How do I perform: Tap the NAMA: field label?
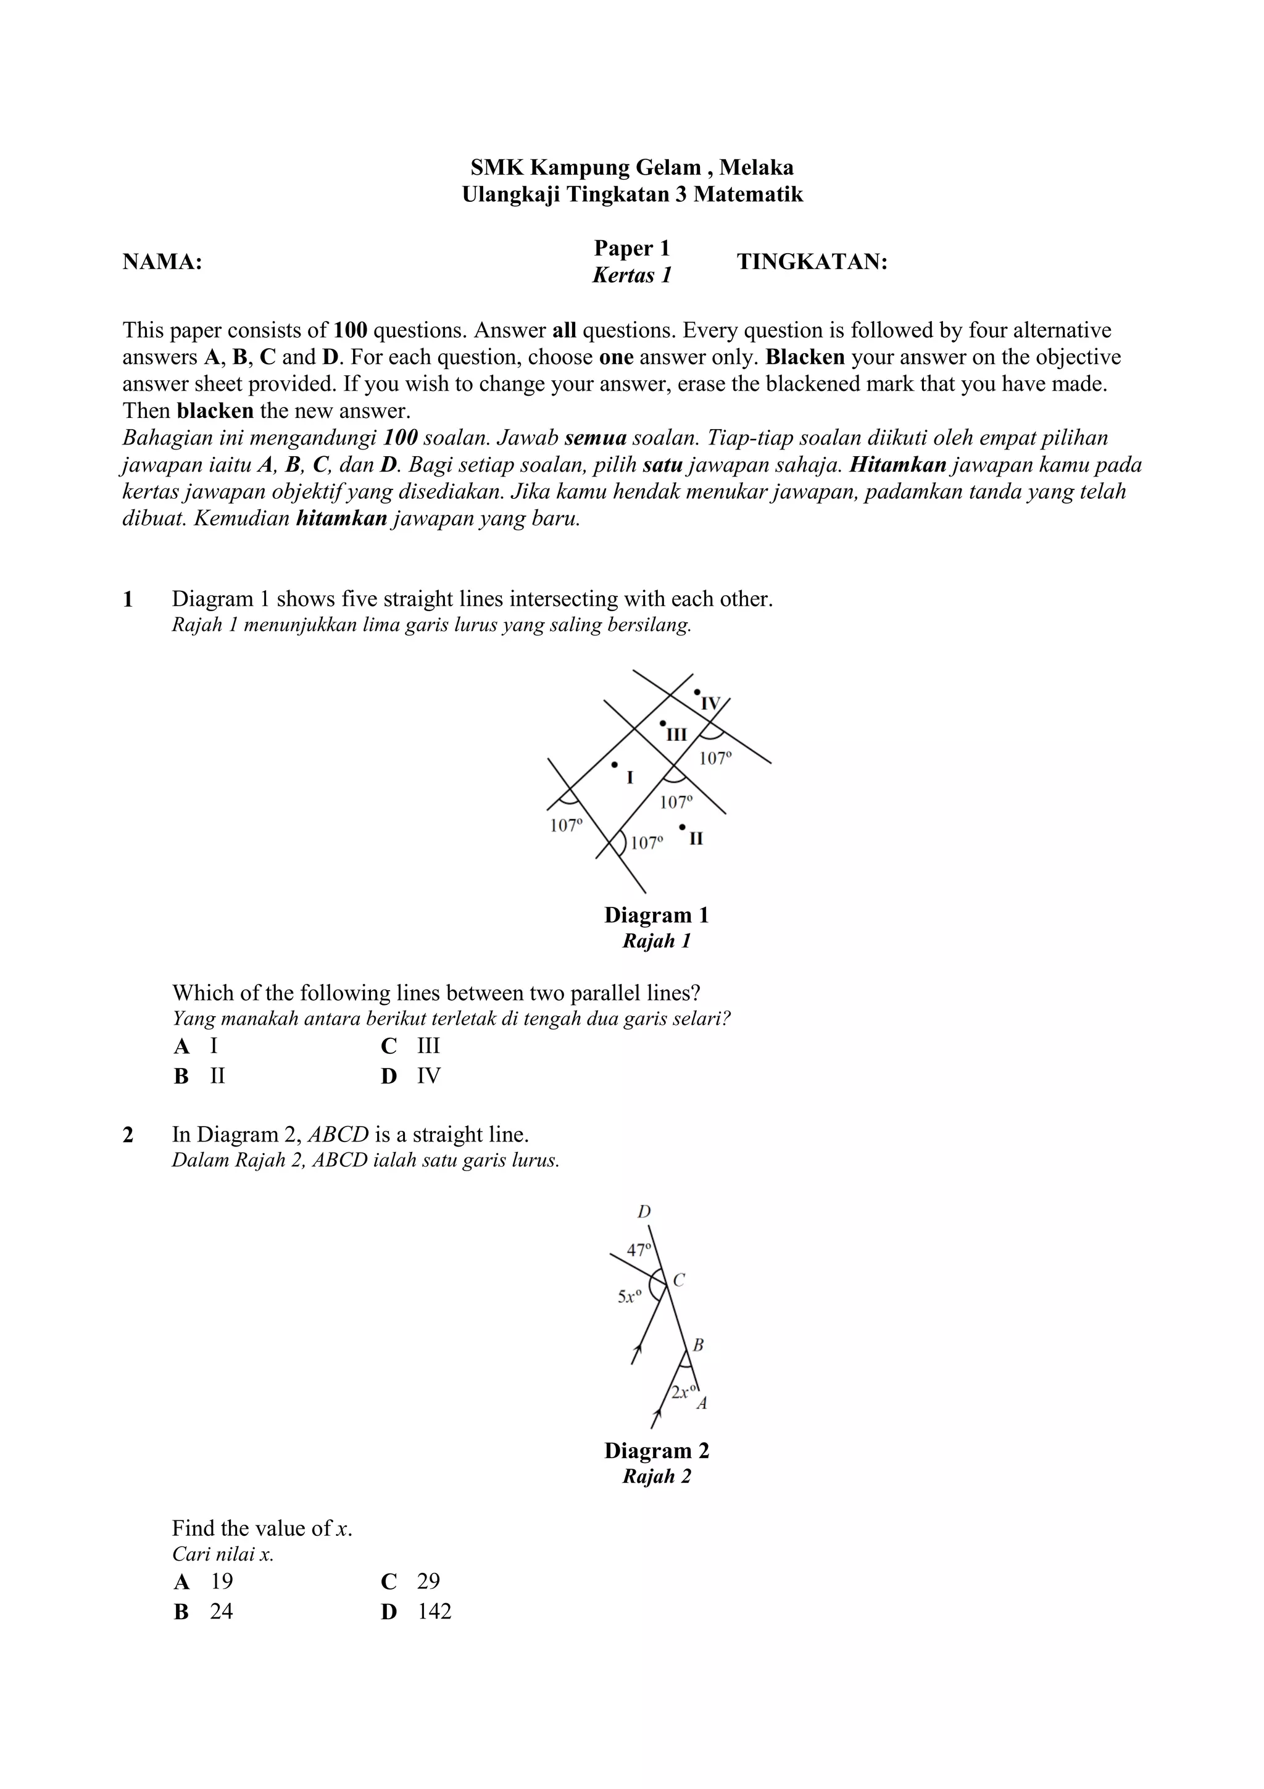pos(162,262)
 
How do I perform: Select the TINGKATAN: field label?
pos(812,262)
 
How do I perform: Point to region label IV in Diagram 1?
pos(710,704)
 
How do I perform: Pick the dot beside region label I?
pos(615,765)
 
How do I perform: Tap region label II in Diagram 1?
pos(696,839)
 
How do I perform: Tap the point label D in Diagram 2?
pos(644,1212)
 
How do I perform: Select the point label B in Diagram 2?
pos(699,1345)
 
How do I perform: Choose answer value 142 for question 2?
pos(434,1611)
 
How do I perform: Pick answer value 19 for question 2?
pos(221,1580)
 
